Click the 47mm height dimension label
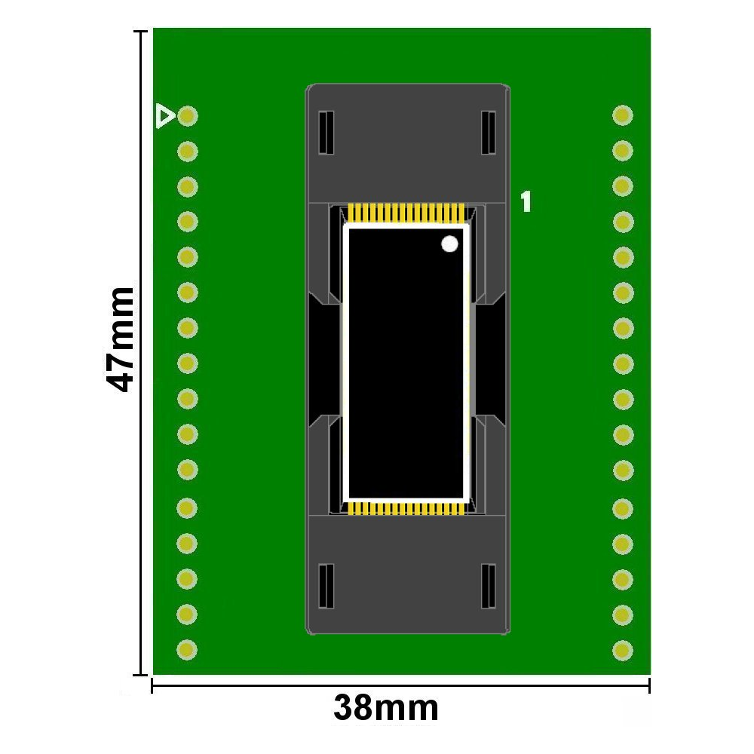119,339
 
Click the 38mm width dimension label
386,708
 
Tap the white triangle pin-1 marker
165,116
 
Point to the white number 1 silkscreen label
526,201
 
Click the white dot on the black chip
449,244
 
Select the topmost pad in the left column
188,116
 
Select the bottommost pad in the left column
187,650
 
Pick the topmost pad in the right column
623,115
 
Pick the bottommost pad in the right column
623,650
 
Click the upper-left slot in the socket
326,133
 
